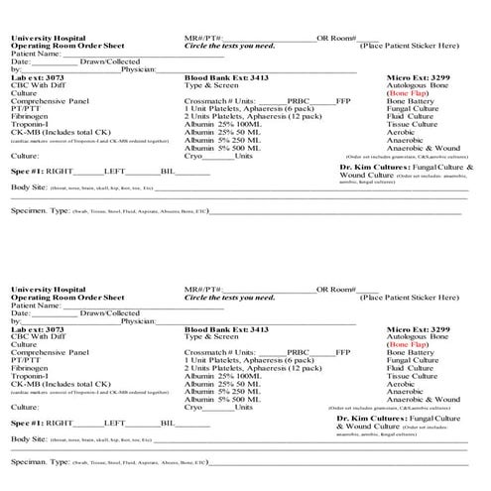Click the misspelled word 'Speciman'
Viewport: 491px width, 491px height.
[30, 462]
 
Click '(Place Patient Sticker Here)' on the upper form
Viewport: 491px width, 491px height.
[411, 46]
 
